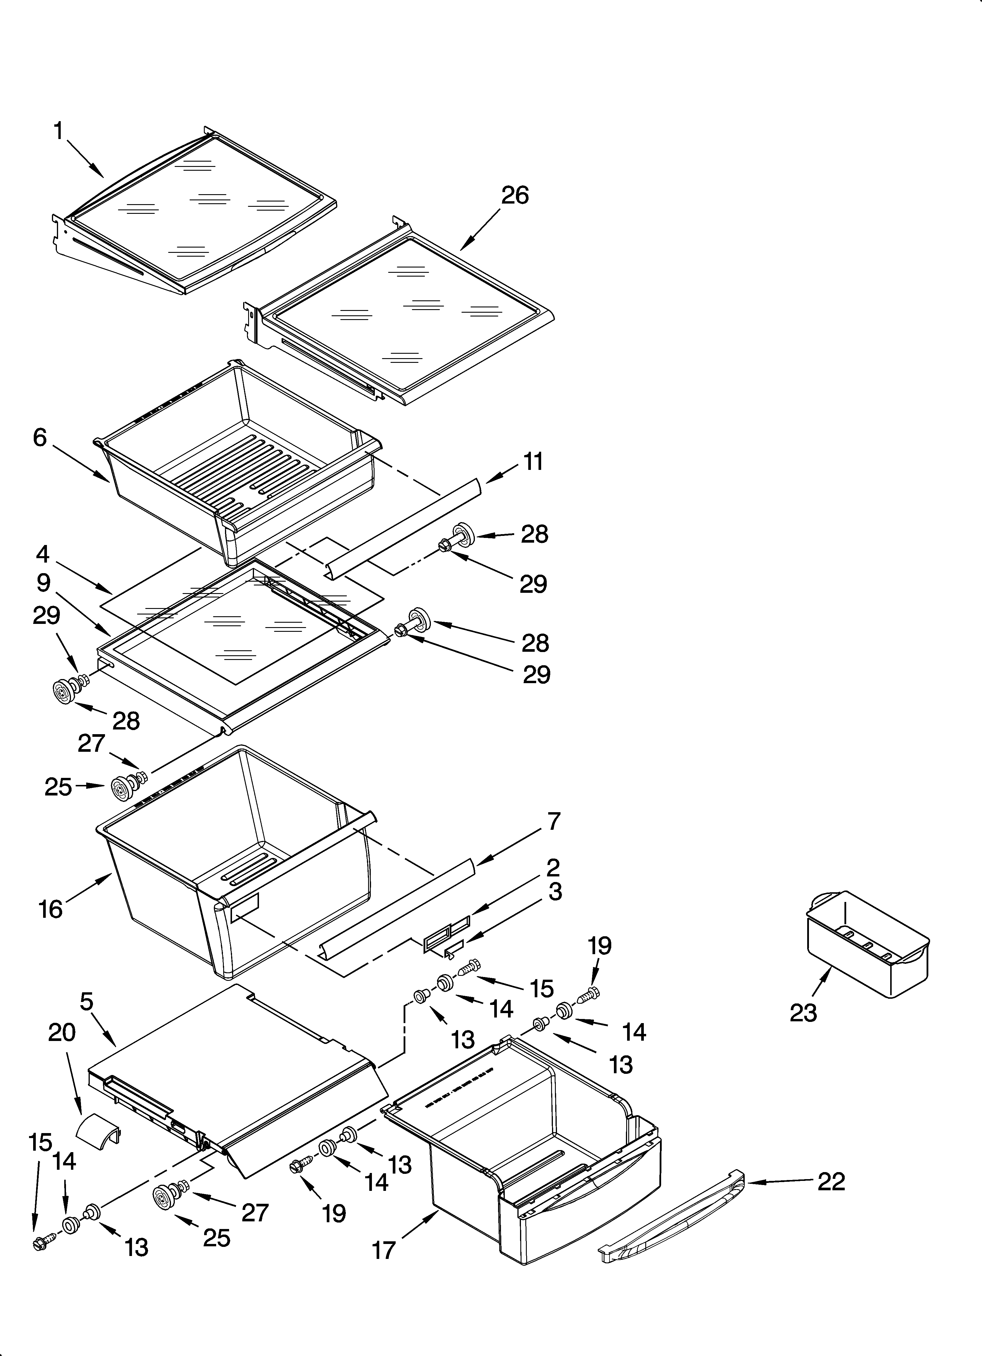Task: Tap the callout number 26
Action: coord(515,196)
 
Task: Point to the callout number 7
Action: coord(554,822)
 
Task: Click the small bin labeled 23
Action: coord(867,945)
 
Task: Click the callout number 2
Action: coord(553,867)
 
